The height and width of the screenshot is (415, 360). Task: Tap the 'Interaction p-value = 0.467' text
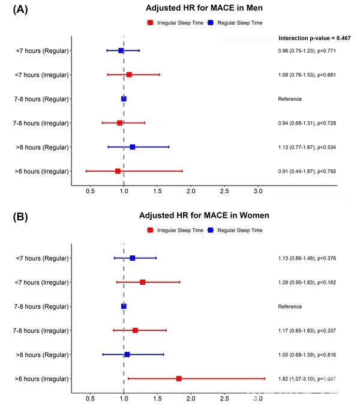(x=314, y=38)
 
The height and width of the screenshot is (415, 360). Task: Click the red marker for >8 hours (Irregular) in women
(x=179, y=378)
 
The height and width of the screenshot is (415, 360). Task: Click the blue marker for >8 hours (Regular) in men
(x=133, y=147)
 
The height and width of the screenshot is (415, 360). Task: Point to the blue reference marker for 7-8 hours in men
(x=124, y=98)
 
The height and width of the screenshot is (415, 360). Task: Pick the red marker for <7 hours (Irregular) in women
(x=142, y=282)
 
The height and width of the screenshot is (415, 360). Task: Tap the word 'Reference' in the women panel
(x=290, y=306)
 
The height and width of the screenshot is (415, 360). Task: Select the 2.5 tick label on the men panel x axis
(x=224, y=190)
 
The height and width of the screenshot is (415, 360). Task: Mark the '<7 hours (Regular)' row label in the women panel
(x=42, y=258)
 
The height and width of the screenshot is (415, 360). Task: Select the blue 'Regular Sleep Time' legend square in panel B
(x=211, y=230)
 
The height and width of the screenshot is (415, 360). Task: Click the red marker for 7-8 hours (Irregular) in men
(x=119, y=123)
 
